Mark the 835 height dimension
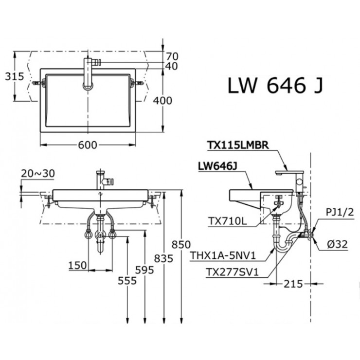(x=164, y=259)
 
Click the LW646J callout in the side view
(x=217, y=167)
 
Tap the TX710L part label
(x=227, y=220)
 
